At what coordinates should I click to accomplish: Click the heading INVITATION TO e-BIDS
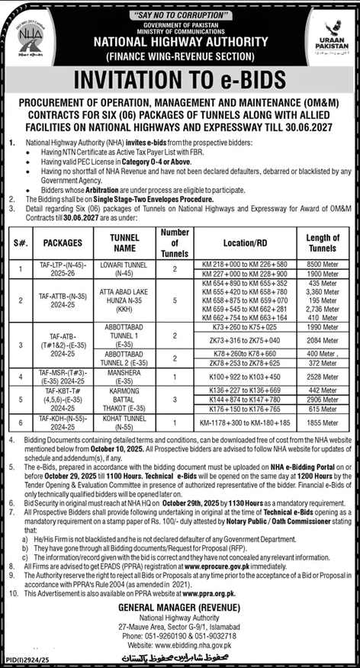click(x=179, y=80)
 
